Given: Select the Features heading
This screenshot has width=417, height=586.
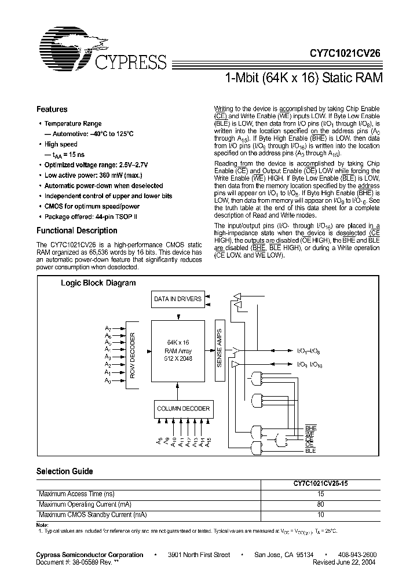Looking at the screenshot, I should click(x=52, y=109).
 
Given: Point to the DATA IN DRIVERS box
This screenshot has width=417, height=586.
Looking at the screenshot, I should click(x=178, y=299).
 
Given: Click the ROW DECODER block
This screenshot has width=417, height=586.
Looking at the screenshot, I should click(x=132, y=356).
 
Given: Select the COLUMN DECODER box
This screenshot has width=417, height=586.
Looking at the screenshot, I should click(x=183, y=409).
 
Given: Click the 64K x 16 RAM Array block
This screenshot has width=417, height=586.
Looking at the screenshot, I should click(x=178, y=350).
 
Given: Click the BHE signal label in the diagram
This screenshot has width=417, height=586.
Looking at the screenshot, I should click(x=310, y=428).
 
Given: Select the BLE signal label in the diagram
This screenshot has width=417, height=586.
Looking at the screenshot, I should click(x=310, y=450).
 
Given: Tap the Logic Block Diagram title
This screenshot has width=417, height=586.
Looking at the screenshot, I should click(x=98, y=283).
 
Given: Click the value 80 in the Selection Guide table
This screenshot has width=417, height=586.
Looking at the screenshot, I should click(x=320, y=504).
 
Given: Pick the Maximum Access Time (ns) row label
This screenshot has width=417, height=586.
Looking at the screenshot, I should click(x=76, y=494).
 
